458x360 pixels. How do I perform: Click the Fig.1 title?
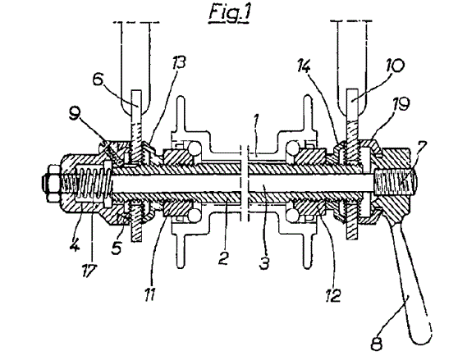(x=229, y=14)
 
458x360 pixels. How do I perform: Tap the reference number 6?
(x=98, y=79)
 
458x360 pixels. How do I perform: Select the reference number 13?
(x=178, y=62)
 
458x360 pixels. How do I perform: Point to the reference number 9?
(x=75, y=114)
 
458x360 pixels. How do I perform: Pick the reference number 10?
(x=394, y=66)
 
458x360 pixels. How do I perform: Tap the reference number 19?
(x=401, y=103)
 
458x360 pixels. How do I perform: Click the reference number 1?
(x=256, y=120)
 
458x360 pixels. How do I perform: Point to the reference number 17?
(x=89, y=271)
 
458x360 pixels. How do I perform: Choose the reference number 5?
(x=117, y=248)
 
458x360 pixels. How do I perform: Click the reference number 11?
(x=149, y=294)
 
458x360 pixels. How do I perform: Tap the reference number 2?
(x=224, y=257)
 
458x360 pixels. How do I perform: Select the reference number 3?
(x=264, y=262)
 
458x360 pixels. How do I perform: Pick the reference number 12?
(x=333, y=295)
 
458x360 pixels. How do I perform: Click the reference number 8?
(x=377, y=344)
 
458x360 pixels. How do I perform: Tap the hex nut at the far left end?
(x=53, y=183)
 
